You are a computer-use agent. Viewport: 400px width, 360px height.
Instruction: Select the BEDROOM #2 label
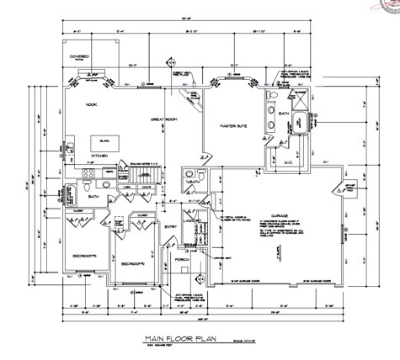pos(133,263)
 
